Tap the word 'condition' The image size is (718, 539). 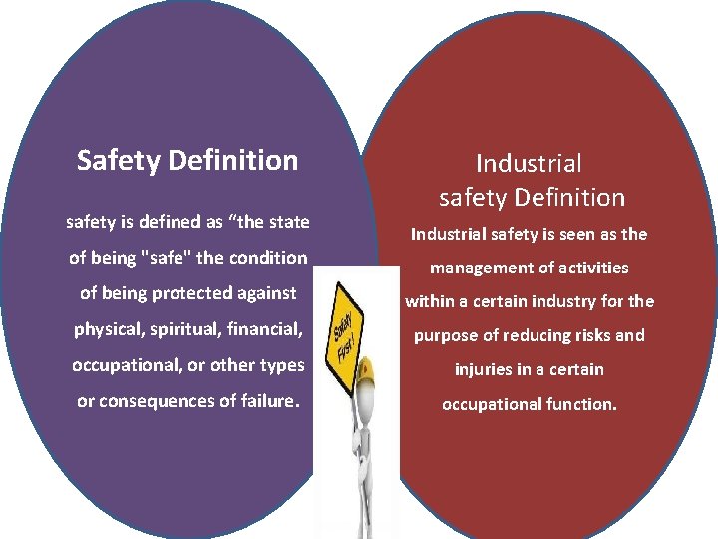(269, 257)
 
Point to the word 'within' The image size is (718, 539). (428, 301)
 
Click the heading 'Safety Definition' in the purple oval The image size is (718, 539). (187, 160)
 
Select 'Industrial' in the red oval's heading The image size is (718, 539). (529, 163)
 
